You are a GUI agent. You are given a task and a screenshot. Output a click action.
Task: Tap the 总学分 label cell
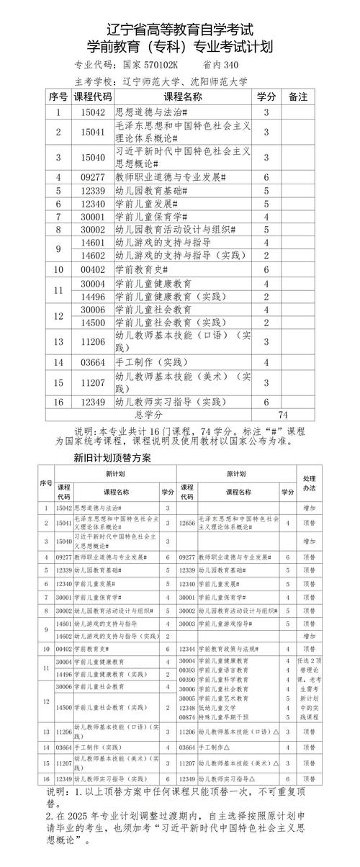(x=148, y=415)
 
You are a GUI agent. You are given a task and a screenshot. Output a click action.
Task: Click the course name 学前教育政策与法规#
(x=234, y=649)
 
